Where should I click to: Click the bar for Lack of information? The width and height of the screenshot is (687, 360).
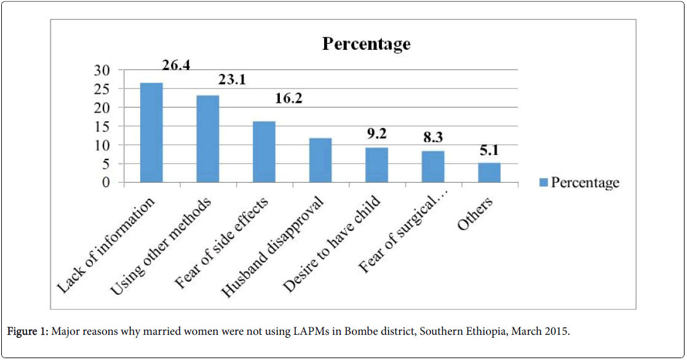151,132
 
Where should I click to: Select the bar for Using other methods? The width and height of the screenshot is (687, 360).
208,138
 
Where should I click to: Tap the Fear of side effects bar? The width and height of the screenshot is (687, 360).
264,151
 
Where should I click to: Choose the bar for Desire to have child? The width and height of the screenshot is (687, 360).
376,165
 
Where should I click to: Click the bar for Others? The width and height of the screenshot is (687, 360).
489,172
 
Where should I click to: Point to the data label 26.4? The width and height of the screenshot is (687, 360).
176,65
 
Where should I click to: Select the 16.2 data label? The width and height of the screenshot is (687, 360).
288,98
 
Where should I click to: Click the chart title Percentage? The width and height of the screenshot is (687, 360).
366,44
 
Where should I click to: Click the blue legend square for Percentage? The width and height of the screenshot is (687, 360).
543,183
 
